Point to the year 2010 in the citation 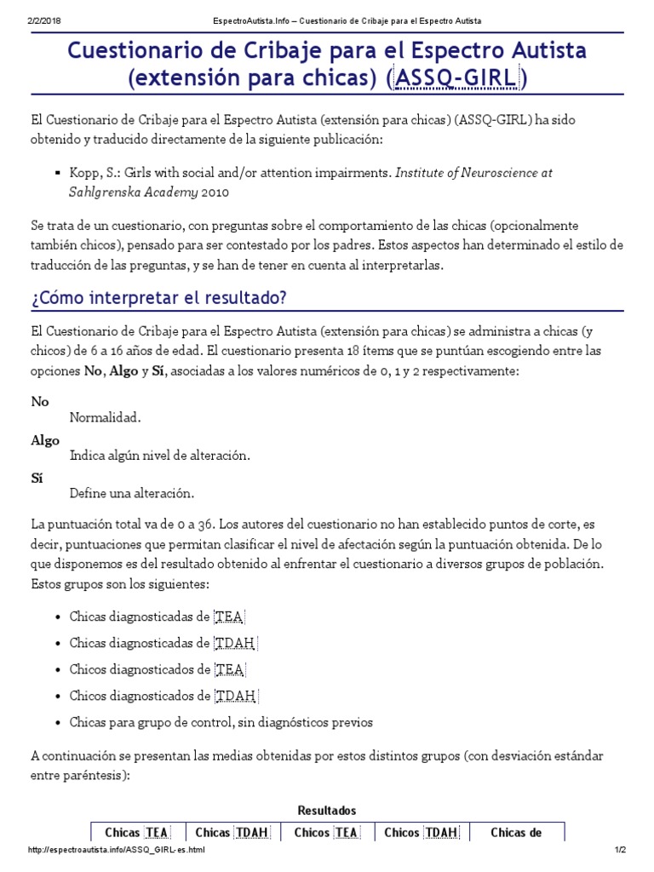pyautogui.click(x=216, y=192)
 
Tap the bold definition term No pyautogui.click(x=40, y=401)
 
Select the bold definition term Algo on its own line pyautogui.click(x=45, y=440)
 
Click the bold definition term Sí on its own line pyautogui.click(x=37, y=479)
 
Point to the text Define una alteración pyautogui.click(x=132, y=494)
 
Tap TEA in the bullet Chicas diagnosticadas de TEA pyautogui.click(x=229, y=617)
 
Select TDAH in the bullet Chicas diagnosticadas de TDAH pyautogui.click(x=236, y=643)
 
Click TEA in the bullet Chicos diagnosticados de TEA pyautogui.click(x=229, y=669)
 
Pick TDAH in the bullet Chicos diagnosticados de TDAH pyautogui.click(x=236, y=696)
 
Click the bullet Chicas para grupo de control pyautogui.click(x=221, y=722)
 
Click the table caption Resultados pyautogui.click(x=327, y=811)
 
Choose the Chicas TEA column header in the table pyautogui.click(x=136, y=833)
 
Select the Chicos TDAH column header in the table pyautogui.click(x=421, y=833)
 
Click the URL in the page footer pyautogui.click(x=117, y=851)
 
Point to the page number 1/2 pyautogui.click(x=620, y=851)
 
